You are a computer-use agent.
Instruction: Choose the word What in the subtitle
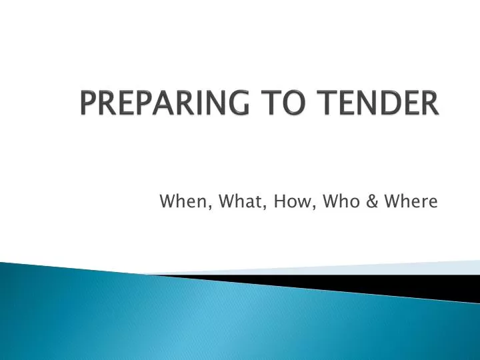[x=239, y=201]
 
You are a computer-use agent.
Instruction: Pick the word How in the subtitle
[x=288, y=201]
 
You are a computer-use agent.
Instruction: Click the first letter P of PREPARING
[x=87, y=105]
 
